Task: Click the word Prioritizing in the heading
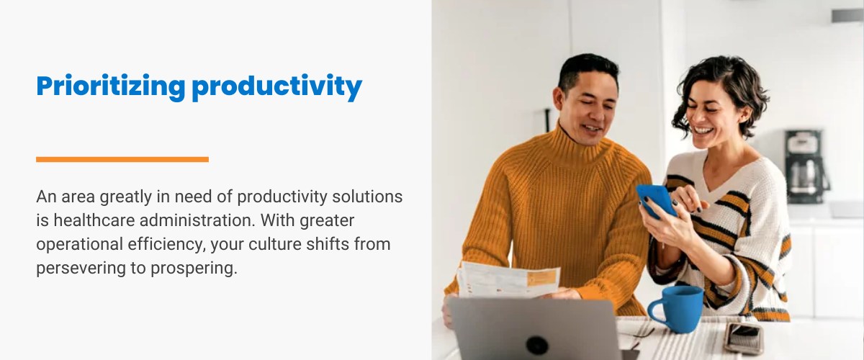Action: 111,87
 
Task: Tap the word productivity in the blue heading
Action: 277,87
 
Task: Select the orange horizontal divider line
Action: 122,159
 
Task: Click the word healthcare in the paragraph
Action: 94,220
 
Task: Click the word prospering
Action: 194,269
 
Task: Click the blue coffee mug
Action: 677,309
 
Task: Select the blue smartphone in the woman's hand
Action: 656,201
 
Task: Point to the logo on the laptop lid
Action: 537,344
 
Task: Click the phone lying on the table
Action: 744,338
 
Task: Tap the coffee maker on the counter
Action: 806,167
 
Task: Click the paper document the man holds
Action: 508,280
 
